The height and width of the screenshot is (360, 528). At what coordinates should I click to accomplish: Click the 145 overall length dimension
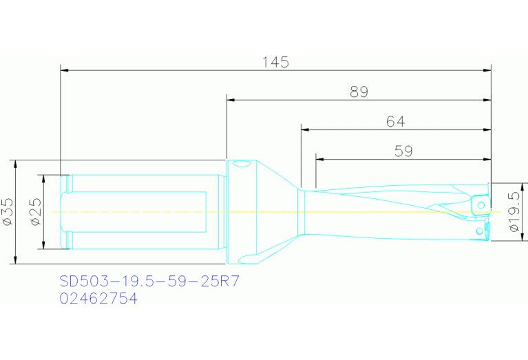click(275, 62)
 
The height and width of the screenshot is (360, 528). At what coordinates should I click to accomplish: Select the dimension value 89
click(359, 92)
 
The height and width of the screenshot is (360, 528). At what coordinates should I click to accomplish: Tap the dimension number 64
click(395, 122)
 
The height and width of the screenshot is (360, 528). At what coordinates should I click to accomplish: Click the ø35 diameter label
click(8, 212)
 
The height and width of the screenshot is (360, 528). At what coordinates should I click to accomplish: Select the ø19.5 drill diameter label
click(513, 212)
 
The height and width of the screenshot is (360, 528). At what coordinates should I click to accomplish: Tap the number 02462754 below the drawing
click(98, 299)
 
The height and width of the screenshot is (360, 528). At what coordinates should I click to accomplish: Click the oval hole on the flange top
click(241, 165)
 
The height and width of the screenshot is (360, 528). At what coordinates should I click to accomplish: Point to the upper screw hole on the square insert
click(482, 205)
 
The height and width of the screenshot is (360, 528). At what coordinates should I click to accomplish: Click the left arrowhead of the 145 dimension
click(64, 70)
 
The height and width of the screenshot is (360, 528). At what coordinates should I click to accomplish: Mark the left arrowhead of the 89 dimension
click(231, 100)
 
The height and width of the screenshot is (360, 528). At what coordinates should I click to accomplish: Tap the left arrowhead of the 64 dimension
click(304, 129)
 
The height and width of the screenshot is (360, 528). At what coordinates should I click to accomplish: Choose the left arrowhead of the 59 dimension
click(319, 159)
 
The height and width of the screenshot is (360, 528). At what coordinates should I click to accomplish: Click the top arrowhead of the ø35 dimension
click(14, 162)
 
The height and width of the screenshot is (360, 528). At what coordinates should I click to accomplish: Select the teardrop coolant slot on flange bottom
click(246, 259)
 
